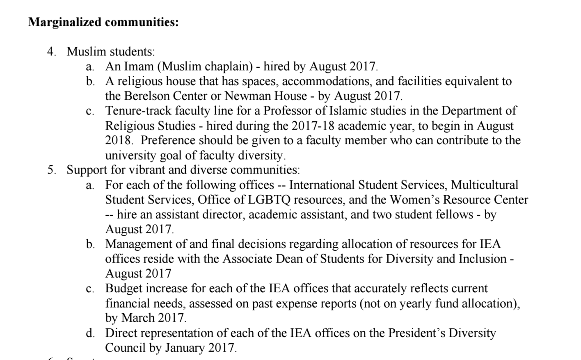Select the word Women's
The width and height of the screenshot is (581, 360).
413,200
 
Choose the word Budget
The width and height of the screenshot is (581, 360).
124,288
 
